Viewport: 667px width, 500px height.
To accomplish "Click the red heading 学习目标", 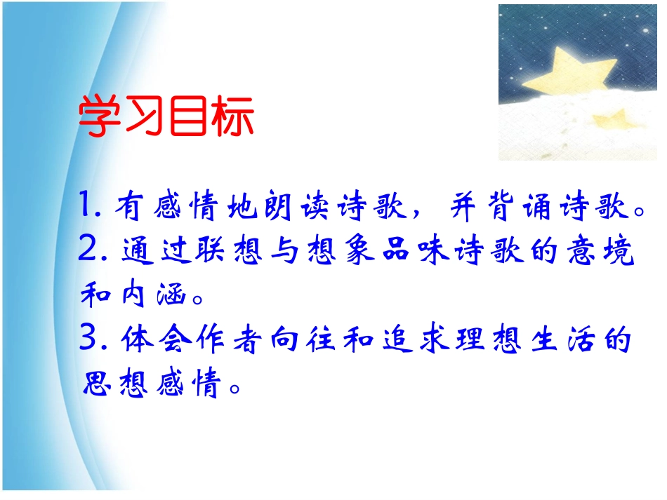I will click(166, 117).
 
